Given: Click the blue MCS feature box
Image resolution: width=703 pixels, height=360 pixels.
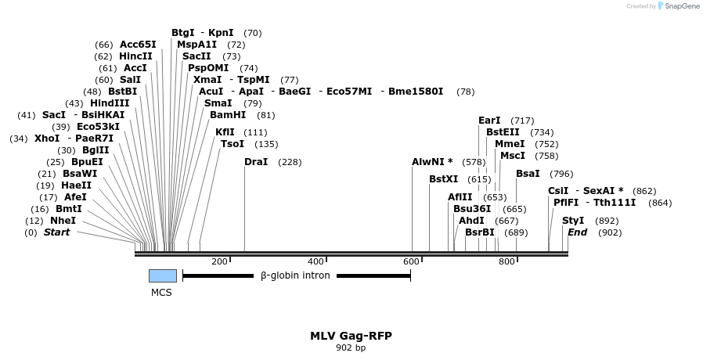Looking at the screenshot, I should coord(163,275).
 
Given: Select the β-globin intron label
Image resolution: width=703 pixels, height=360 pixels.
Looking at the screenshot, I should coord(294,275).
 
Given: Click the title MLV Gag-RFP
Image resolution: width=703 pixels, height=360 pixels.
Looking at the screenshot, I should coord(351,336).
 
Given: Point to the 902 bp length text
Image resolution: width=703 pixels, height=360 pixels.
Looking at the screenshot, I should coord(351,347).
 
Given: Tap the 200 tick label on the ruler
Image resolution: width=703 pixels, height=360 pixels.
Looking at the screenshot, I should coord(219,261).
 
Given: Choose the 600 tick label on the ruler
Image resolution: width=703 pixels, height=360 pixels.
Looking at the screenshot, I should coord(410,261).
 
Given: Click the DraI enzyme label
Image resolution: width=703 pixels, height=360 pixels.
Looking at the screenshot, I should coord(256,162).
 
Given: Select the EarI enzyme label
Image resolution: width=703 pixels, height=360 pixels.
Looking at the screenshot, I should coord(489,121).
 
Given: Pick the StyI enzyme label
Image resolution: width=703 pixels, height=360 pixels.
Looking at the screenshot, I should coord(573,221).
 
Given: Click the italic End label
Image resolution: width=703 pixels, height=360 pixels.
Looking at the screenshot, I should coord(577,232).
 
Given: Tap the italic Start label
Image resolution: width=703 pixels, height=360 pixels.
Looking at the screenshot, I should coord(56,232).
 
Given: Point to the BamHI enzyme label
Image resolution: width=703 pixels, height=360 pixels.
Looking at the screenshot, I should coord(228,115).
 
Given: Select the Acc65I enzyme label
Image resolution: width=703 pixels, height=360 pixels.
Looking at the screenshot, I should coord(138,45).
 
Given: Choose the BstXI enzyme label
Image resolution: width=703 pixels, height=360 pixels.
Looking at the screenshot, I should coord(443,179).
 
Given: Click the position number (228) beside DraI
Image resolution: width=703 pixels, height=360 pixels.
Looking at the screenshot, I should coord(290,162).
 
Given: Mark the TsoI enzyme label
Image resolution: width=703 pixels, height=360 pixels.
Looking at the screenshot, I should coord(233,144).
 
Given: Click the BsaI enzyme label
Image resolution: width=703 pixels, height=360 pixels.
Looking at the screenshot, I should coord(528,174).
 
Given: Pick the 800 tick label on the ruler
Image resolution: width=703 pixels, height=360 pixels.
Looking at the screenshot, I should coord(507,261).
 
